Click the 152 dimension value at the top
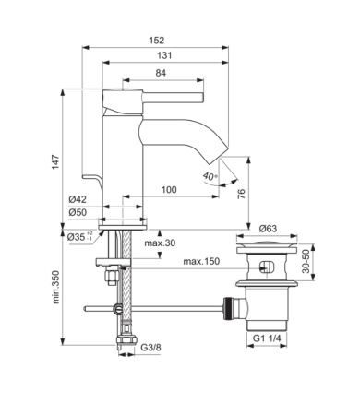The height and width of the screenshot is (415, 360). pyautogui.click(x=157, y=41)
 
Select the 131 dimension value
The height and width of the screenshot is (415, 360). pyautogui.click(x=164, y=55)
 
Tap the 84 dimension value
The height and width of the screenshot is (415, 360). pyautogui.click(x=161, y=73)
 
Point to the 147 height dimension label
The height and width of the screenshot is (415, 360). pyautogui.click(x=55, y=162)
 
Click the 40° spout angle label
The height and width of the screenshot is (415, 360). pyautogui.click(x=210, y=176)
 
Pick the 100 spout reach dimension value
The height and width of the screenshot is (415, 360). pyautogui.click(x=169, y=189)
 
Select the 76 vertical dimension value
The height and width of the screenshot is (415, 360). pyautogui.click(x=242, y=194)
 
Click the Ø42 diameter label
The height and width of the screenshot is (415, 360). pyautogui.click(x=78, y=199)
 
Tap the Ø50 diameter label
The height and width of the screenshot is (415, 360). pyautogui.click(x=78, y=212)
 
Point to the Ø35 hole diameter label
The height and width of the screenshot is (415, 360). pyautogui.click(x=80, y=237)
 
